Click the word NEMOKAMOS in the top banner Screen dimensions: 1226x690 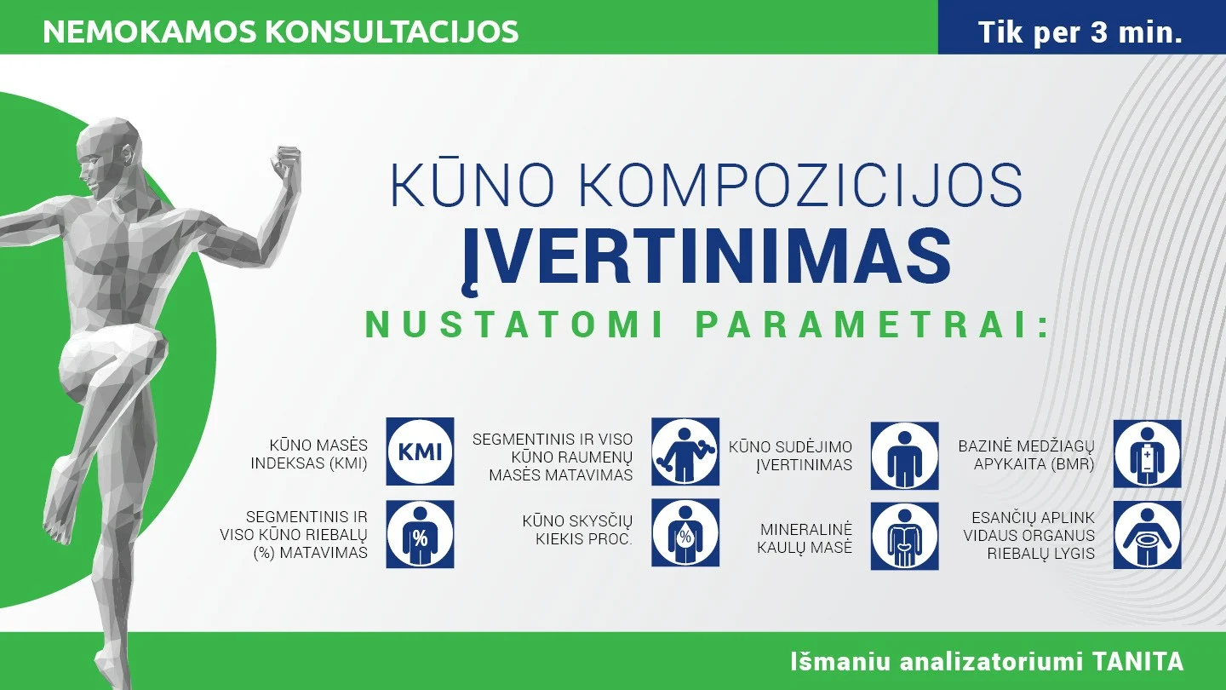point(150,32)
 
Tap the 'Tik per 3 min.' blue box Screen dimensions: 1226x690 point(1082,27)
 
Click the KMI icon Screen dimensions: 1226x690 point(420,451)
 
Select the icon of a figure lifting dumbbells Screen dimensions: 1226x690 point(685,451)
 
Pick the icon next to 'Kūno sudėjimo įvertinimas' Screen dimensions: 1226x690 point(905,455)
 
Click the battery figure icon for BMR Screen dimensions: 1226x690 point(1147,453)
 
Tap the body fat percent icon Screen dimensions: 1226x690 point(420,534)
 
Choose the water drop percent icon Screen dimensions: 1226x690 point(685,532)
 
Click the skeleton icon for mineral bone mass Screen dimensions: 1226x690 point(905,536)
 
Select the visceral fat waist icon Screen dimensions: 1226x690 point(1147,534)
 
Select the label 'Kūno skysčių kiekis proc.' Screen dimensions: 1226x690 point(577,530)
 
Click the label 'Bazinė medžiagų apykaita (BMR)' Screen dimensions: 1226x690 point(1026,455)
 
